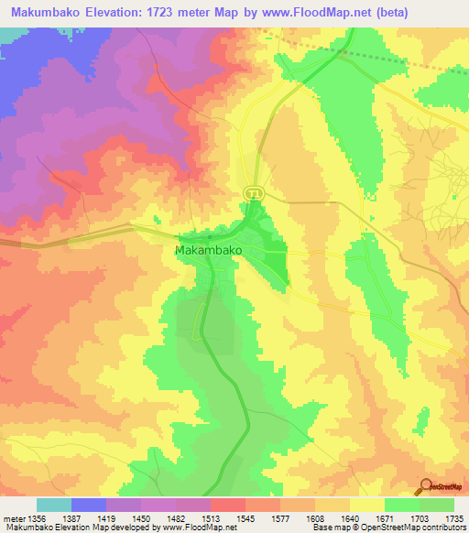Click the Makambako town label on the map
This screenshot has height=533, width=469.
coord(207,248)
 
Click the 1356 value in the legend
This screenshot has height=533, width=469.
coord(37,517)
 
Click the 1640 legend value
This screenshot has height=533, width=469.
coord(349,517)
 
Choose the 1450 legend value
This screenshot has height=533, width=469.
coord(141,517)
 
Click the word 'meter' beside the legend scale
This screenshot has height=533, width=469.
coord(13,517)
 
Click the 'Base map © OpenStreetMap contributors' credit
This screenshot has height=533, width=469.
coord(387,528)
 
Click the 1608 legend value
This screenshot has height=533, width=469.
coord(314,517)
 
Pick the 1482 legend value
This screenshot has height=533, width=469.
coord(176,517)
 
